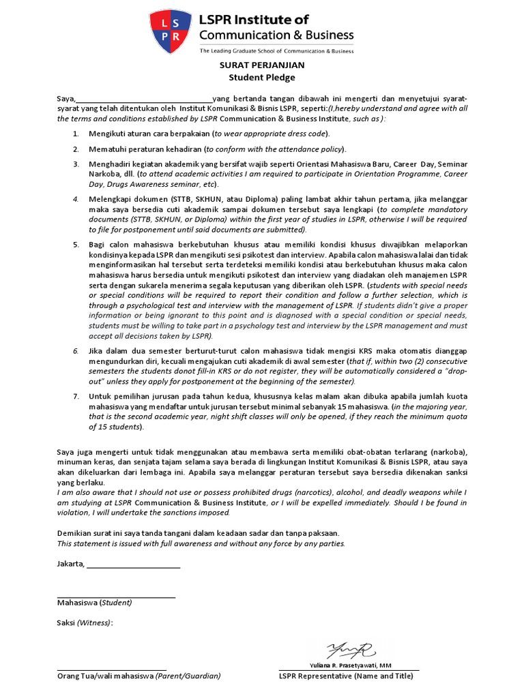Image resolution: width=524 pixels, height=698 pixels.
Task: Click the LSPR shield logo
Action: click(171, 31)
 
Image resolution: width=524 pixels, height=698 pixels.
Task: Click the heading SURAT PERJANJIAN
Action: click(261, 65)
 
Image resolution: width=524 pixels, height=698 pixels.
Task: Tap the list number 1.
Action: click(76, 134)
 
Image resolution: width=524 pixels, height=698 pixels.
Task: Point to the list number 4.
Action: click(76, 198)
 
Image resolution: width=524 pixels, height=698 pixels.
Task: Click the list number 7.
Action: click(76, 395)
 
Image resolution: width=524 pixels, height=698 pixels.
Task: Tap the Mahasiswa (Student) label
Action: click(95, 603)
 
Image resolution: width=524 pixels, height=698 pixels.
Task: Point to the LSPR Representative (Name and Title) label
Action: click(345, 676)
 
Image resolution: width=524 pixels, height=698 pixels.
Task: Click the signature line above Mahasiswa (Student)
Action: click(116, 597)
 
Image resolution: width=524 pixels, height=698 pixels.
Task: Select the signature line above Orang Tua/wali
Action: click(112, 670)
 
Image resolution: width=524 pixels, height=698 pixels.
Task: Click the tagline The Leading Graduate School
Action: click(276, 50)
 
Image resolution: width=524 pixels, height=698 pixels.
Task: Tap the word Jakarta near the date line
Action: click(70, 564)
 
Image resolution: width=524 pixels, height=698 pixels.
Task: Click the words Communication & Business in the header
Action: click(276, 35)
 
